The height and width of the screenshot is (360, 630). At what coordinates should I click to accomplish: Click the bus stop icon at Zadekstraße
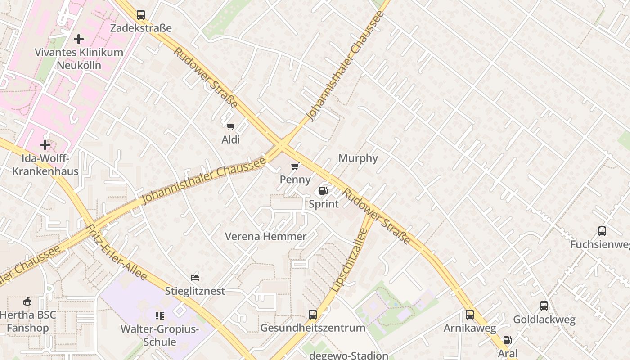click(141, 15)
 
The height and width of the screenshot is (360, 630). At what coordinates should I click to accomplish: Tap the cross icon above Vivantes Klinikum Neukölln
click(79, 39)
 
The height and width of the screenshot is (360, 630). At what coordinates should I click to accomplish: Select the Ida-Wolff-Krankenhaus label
click(45, 165)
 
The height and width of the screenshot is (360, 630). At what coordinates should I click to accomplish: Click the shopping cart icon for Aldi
click(231, 127)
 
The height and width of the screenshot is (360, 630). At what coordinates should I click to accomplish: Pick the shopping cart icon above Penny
click(295, 166)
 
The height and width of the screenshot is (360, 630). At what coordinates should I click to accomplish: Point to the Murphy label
click(358, 158)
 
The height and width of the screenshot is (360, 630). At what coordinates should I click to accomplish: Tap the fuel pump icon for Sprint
click(323, 191)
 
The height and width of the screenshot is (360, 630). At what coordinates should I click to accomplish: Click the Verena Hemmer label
click(265, 236)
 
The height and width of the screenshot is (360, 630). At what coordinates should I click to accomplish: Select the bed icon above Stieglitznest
click(195, 278)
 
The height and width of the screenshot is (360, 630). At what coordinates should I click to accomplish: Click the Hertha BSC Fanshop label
click(28, 321)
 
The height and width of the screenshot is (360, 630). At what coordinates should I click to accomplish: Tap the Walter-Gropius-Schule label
click(159, 335)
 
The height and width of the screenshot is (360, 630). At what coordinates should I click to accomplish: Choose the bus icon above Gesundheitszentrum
click(313, 315)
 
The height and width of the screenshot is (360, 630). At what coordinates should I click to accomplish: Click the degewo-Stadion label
click(348, 355)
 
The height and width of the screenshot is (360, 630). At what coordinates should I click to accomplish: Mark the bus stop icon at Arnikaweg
click(470, 315)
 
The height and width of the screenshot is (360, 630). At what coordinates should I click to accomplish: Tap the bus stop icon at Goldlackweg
click(544, 306)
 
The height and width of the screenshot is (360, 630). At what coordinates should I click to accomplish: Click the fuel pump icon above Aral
click(507, 341)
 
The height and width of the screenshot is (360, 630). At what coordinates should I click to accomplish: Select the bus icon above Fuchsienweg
click(602, 231)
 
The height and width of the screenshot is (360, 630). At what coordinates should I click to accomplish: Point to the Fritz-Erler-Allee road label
click(117, 252)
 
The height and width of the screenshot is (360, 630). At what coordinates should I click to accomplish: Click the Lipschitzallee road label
click(350, 259)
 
